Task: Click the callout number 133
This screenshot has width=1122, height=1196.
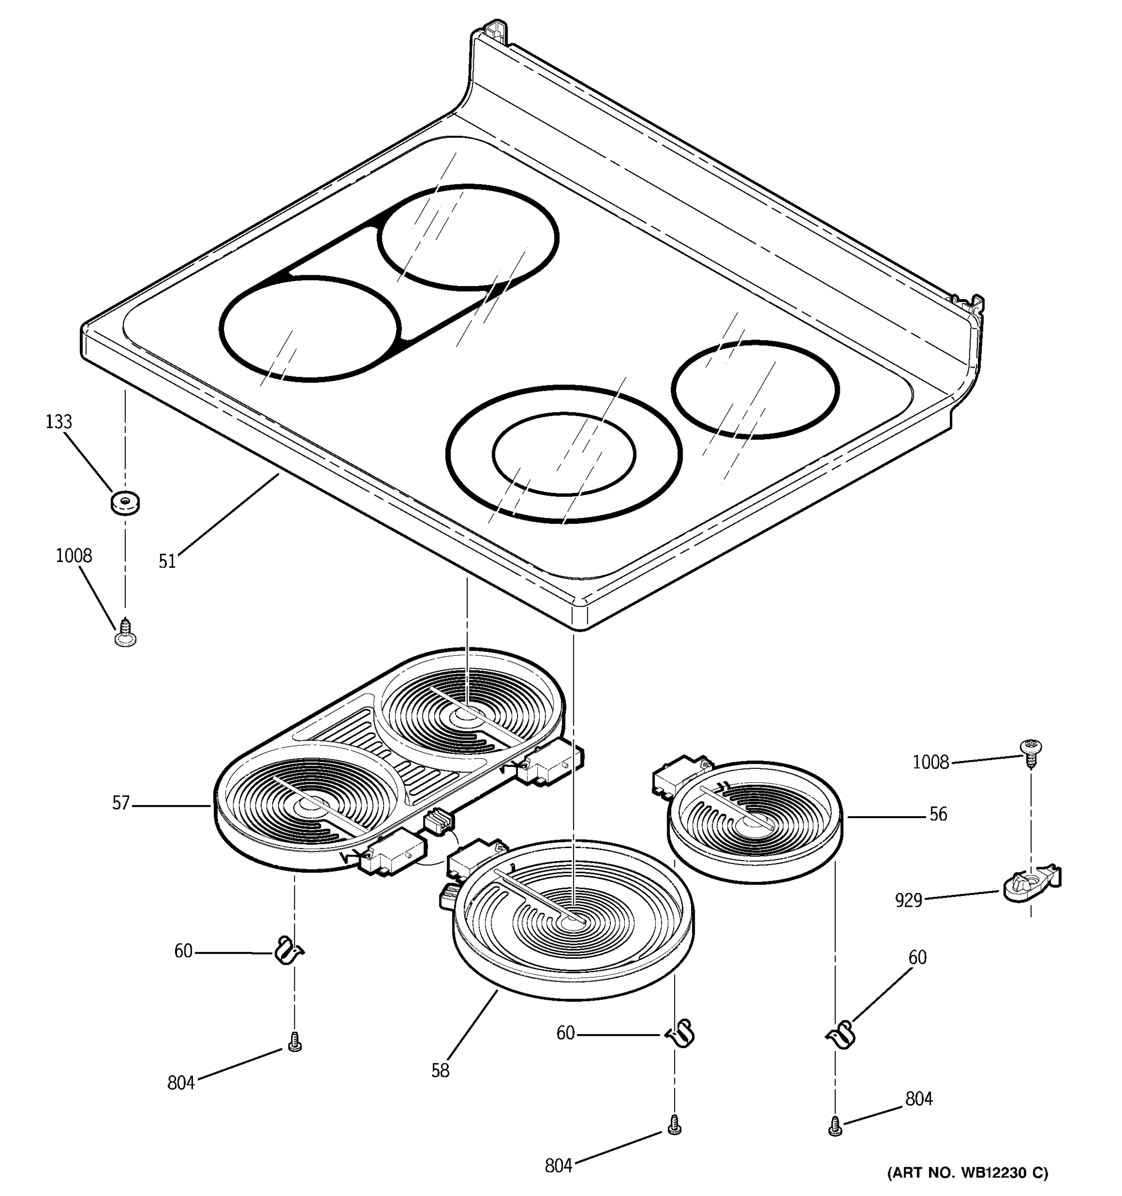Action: tap(58, 422)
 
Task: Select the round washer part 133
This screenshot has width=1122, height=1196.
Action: tap(125, 502)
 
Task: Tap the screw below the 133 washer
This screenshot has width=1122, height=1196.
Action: tap(125, 633)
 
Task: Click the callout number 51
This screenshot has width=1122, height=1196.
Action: tap(167, 561)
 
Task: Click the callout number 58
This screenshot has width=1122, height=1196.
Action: tap(440, 1070)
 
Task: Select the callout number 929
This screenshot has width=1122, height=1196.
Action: tap(908, 900)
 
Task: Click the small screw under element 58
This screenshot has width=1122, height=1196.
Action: tap(674, 1124)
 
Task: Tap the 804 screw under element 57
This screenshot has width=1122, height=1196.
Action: tap(294, 1042)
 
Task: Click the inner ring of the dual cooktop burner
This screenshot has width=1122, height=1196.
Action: tap(563, 453)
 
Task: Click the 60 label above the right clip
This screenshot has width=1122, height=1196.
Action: tap(917, 957)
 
